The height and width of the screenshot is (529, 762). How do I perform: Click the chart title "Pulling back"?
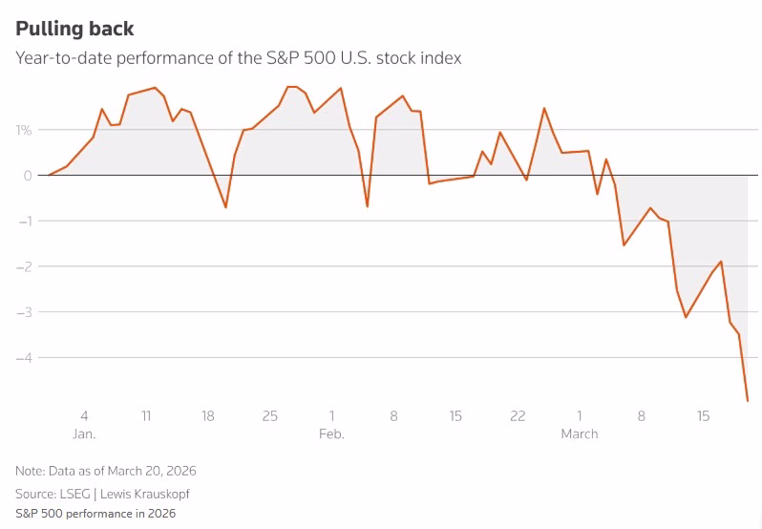point(74,29)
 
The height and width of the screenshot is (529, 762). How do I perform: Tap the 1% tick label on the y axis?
point(23,130)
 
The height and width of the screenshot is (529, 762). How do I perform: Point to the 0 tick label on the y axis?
point(27,176)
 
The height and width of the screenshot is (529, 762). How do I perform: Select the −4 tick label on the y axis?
point(23,357)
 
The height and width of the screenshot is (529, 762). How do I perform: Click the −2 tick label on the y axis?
point(23,266)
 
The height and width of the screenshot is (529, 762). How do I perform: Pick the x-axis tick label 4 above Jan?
point(84,416)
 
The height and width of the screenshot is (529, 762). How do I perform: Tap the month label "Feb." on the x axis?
point(331,434)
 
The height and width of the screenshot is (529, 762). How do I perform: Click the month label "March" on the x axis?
point(579,434)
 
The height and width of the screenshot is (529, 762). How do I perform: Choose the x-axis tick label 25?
point(270,416)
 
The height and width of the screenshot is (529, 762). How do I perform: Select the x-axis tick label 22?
point(518,416)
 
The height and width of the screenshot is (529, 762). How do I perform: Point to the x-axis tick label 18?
point(208,416)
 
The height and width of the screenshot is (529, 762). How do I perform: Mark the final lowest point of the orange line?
point(747,400)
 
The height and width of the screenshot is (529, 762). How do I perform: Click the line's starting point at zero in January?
point(50,176)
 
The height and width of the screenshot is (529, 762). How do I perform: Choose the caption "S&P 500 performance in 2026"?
point(95,514)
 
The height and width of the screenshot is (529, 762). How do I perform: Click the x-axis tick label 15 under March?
point(703,416)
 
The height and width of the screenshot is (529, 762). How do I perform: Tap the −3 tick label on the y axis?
point(23,312)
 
